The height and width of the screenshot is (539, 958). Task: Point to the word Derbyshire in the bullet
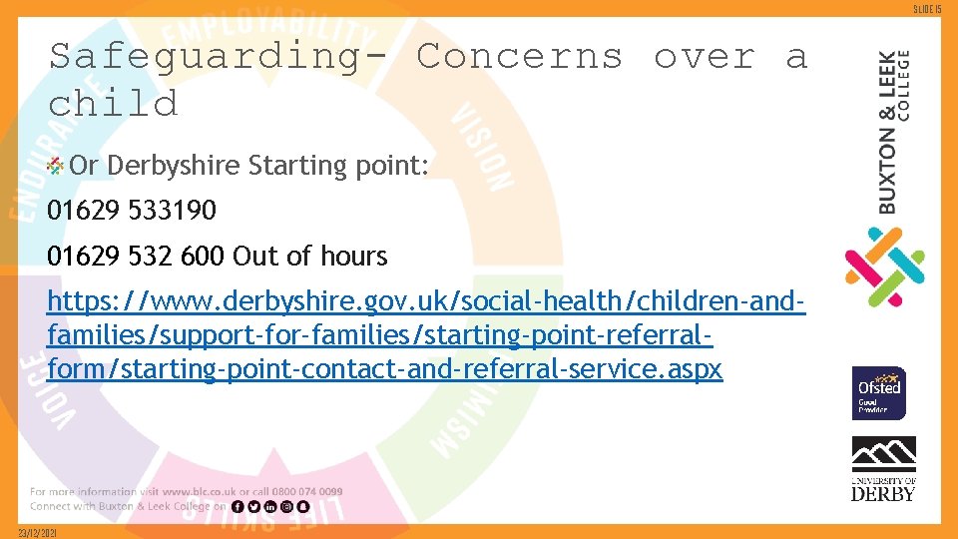(x=174, y=165)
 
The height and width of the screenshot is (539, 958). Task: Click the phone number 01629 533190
(x=132, y=211)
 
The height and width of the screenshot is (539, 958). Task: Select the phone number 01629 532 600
(x=136, y=257)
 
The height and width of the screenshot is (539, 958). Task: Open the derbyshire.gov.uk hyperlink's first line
(x=426, y=300)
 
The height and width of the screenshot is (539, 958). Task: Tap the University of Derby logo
(x=883, y=468)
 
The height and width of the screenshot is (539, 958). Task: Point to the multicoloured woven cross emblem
(x=884, y=267)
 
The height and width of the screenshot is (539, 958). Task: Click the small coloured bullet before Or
(x=57, y=165)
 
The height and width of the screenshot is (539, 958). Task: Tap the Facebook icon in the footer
(x=238, y=506)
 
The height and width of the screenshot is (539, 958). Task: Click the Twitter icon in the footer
(x=253, y=506)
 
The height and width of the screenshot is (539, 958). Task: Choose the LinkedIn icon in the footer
(x=269, y=506)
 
